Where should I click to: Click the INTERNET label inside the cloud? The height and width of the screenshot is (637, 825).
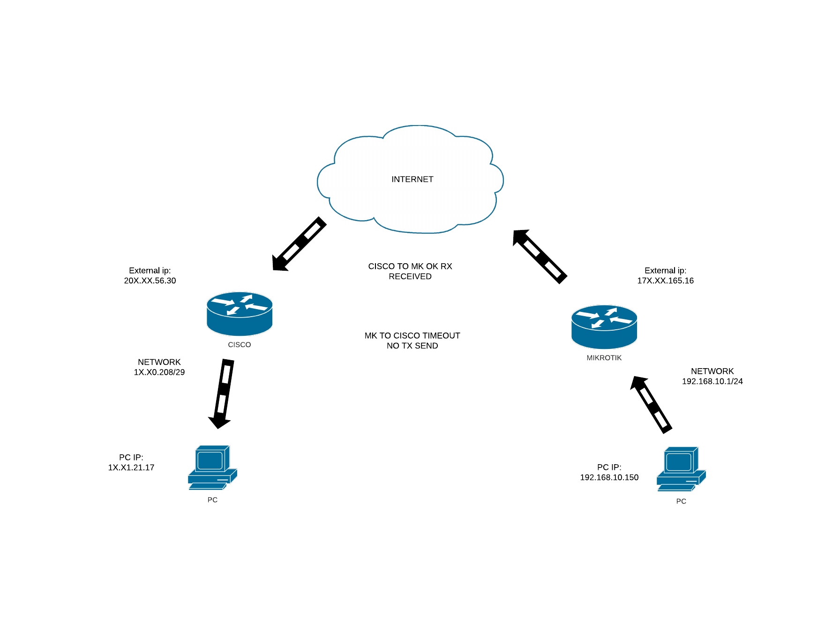pos(412,179)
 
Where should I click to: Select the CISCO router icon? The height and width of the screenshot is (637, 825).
pos(240,313)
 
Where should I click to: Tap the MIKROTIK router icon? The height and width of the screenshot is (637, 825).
pos(604,326)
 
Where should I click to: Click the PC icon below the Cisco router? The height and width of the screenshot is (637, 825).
pos(212,467)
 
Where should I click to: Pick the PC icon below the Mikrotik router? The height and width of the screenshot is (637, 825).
pos(681,469)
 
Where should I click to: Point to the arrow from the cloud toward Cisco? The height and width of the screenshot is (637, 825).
pos(299,244)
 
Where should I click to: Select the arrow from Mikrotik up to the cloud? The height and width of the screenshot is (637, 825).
pos(540,256)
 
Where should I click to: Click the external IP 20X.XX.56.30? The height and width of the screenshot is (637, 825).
pos(150,281)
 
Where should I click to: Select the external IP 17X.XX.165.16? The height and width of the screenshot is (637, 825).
pos(665,281)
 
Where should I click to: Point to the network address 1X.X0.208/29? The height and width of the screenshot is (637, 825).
pos(159,372)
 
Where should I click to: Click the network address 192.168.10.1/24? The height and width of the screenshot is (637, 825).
pos(712,381)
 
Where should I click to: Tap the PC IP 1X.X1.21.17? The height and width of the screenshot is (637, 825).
pos(131,467)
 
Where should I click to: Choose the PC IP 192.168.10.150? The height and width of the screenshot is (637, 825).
pos(609,477)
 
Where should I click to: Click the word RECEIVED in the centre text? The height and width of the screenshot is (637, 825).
pos(410,276)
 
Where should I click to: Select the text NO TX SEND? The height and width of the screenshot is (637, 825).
pos(412,346)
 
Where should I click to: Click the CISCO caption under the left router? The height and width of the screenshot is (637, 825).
pos(240,345)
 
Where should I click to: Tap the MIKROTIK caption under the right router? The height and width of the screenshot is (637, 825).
pos(604,358)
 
